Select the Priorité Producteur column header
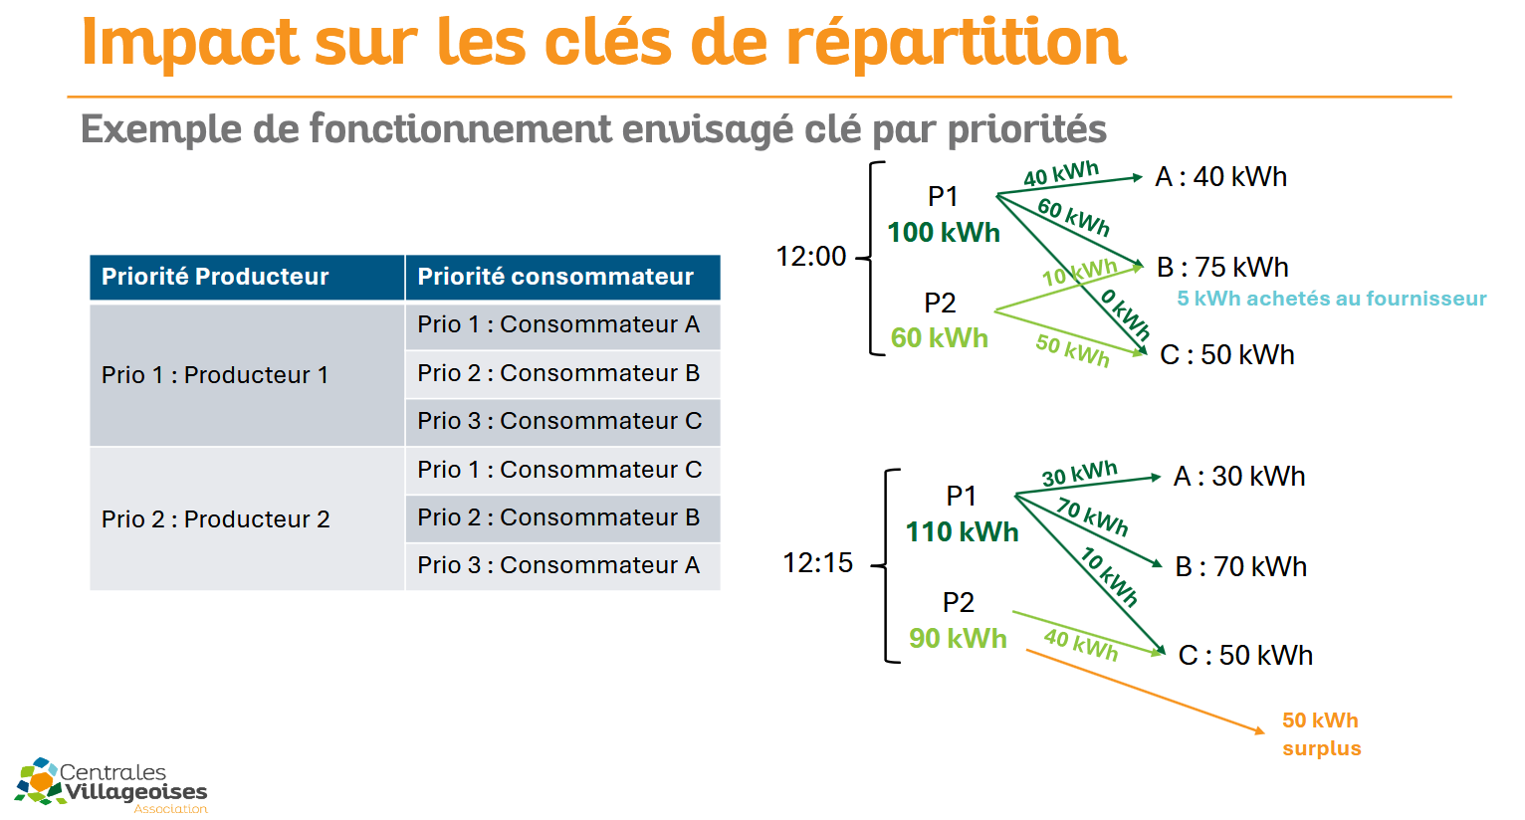coord(247,277)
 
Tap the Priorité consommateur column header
coord(563,277)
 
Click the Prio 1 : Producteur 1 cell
coord(247,375)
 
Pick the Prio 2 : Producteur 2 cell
coord(247,519)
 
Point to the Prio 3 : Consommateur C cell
coord(563,421)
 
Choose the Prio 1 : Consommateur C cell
coord(563,471)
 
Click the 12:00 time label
coord(811,257)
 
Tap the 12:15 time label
coord(817,563)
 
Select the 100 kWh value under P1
coord(944,233)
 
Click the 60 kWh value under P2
coord(940,338)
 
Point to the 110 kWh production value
coord(962,532)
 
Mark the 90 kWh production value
coord(958,639)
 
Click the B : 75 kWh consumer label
coord(1222,268)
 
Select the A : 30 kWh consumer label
coord(1239,477)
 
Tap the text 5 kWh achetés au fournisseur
coord(1332,299)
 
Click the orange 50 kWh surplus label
coord(1322,734)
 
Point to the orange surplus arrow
coord(1145,692)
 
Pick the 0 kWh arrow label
coord(1125,313)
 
